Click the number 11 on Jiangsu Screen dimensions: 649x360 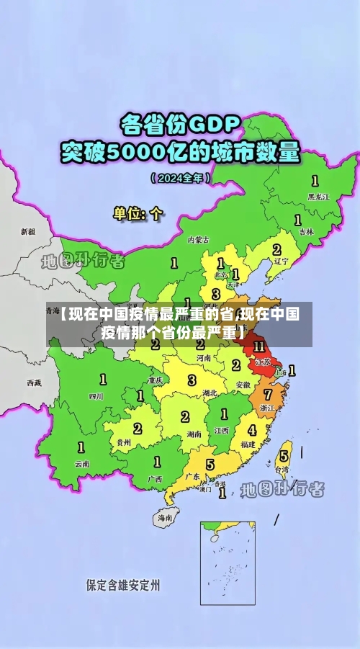click(x=258, y=346)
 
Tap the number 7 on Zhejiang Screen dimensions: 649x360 click(x=268, y=395)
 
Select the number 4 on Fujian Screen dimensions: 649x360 click(x=252, y=430)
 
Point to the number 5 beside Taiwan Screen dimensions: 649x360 click(x=284, y=455)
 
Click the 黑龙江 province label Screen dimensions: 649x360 click(x=318, y=196)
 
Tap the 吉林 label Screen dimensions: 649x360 click(x=306, y=232)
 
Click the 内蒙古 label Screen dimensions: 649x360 click(x=198, y=239)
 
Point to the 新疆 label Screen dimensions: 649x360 click(x=27, y=232)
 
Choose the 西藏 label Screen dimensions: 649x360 click(x=34, y=382)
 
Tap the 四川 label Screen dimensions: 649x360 click(x=96, y=395)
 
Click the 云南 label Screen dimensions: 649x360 click(x=82, y=464)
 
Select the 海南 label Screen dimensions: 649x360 click(x=166, y=517)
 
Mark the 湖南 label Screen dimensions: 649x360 click(x=193, y=434)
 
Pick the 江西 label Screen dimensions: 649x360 click(x=221, y=430)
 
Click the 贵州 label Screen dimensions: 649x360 click(x=123, y=443)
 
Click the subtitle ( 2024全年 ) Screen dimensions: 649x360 click(x=180, y=176)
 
